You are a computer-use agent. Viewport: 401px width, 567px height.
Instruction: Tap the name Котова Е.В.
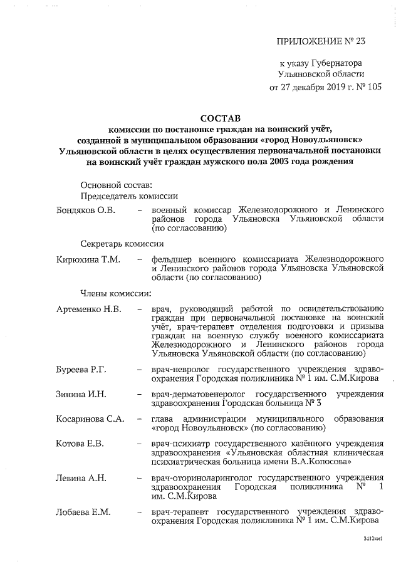(79, 444)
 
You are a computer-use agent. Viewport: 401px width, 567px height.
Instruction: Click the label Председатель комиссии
(129, 196)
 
